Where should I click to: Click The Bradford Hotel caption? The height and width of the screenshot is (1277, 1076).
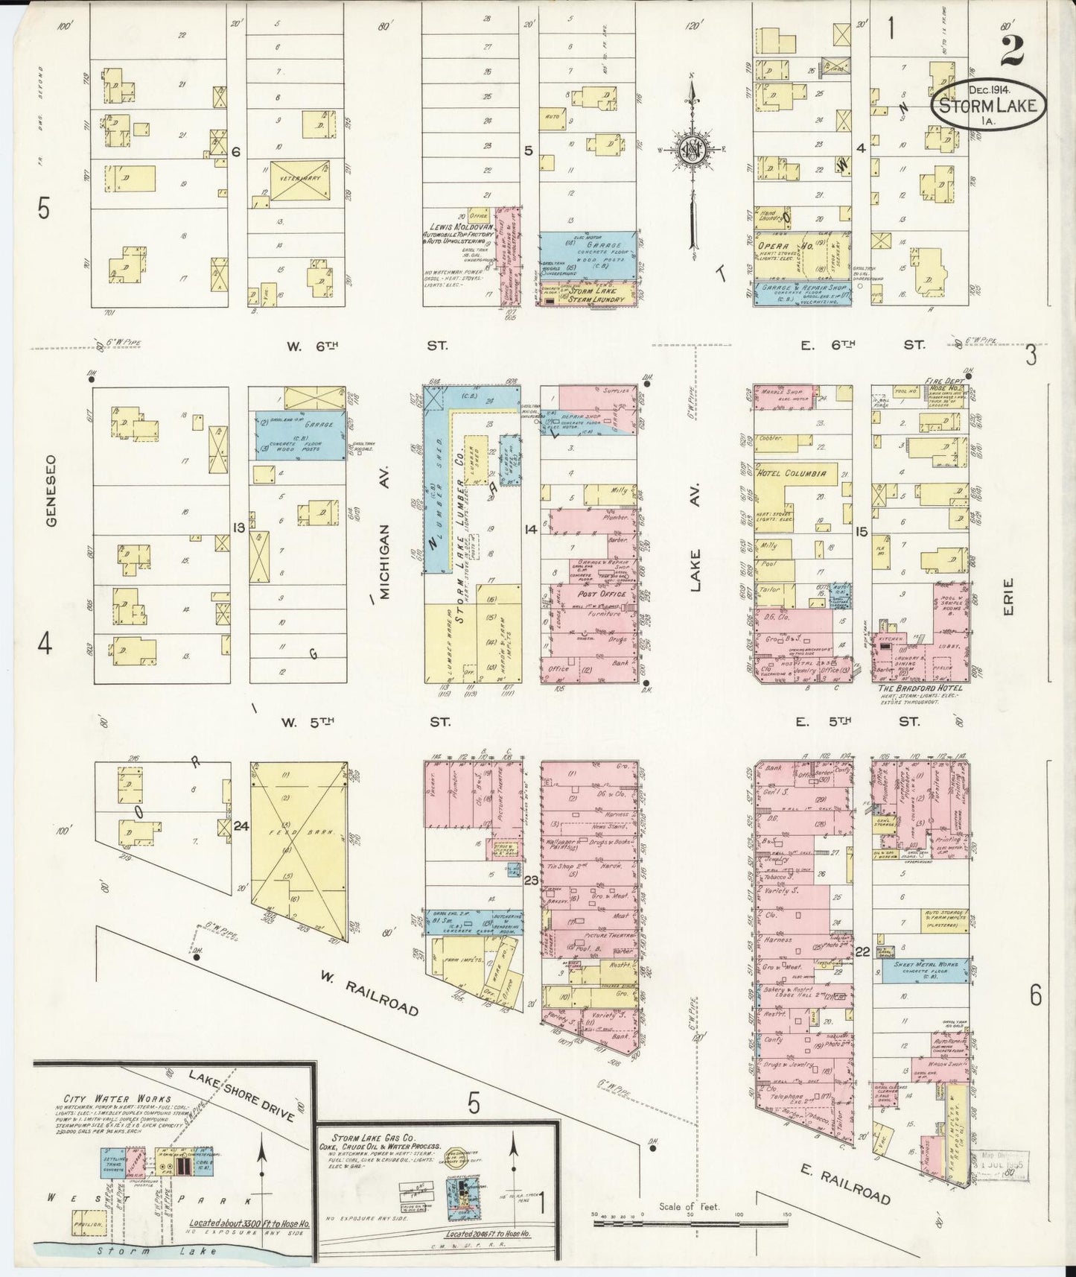point(920,688)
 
